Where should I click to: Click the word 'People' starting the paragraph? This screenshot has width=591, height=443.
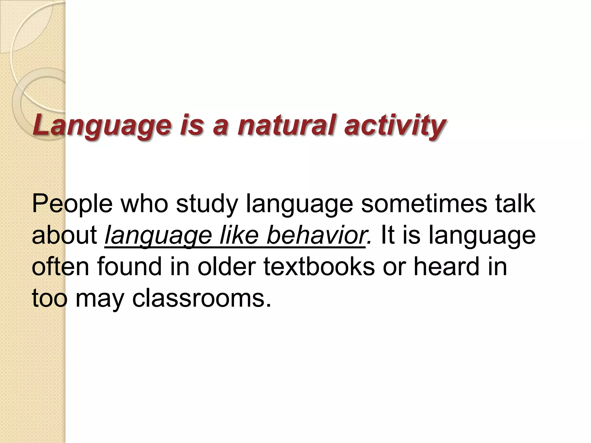(72, 204)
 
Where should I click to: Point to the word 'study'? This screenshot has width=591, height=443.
(207, 204)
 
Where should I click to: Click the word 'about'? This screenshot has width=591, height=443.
(65, 235)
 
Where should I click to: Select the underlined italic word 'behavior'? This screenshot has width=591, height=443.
(316, 235)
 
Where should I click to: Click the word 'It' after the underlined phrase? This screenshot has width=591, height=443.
(387, 235)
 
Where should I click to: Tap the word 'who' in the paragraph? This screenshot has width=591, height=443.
(144, 204)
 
